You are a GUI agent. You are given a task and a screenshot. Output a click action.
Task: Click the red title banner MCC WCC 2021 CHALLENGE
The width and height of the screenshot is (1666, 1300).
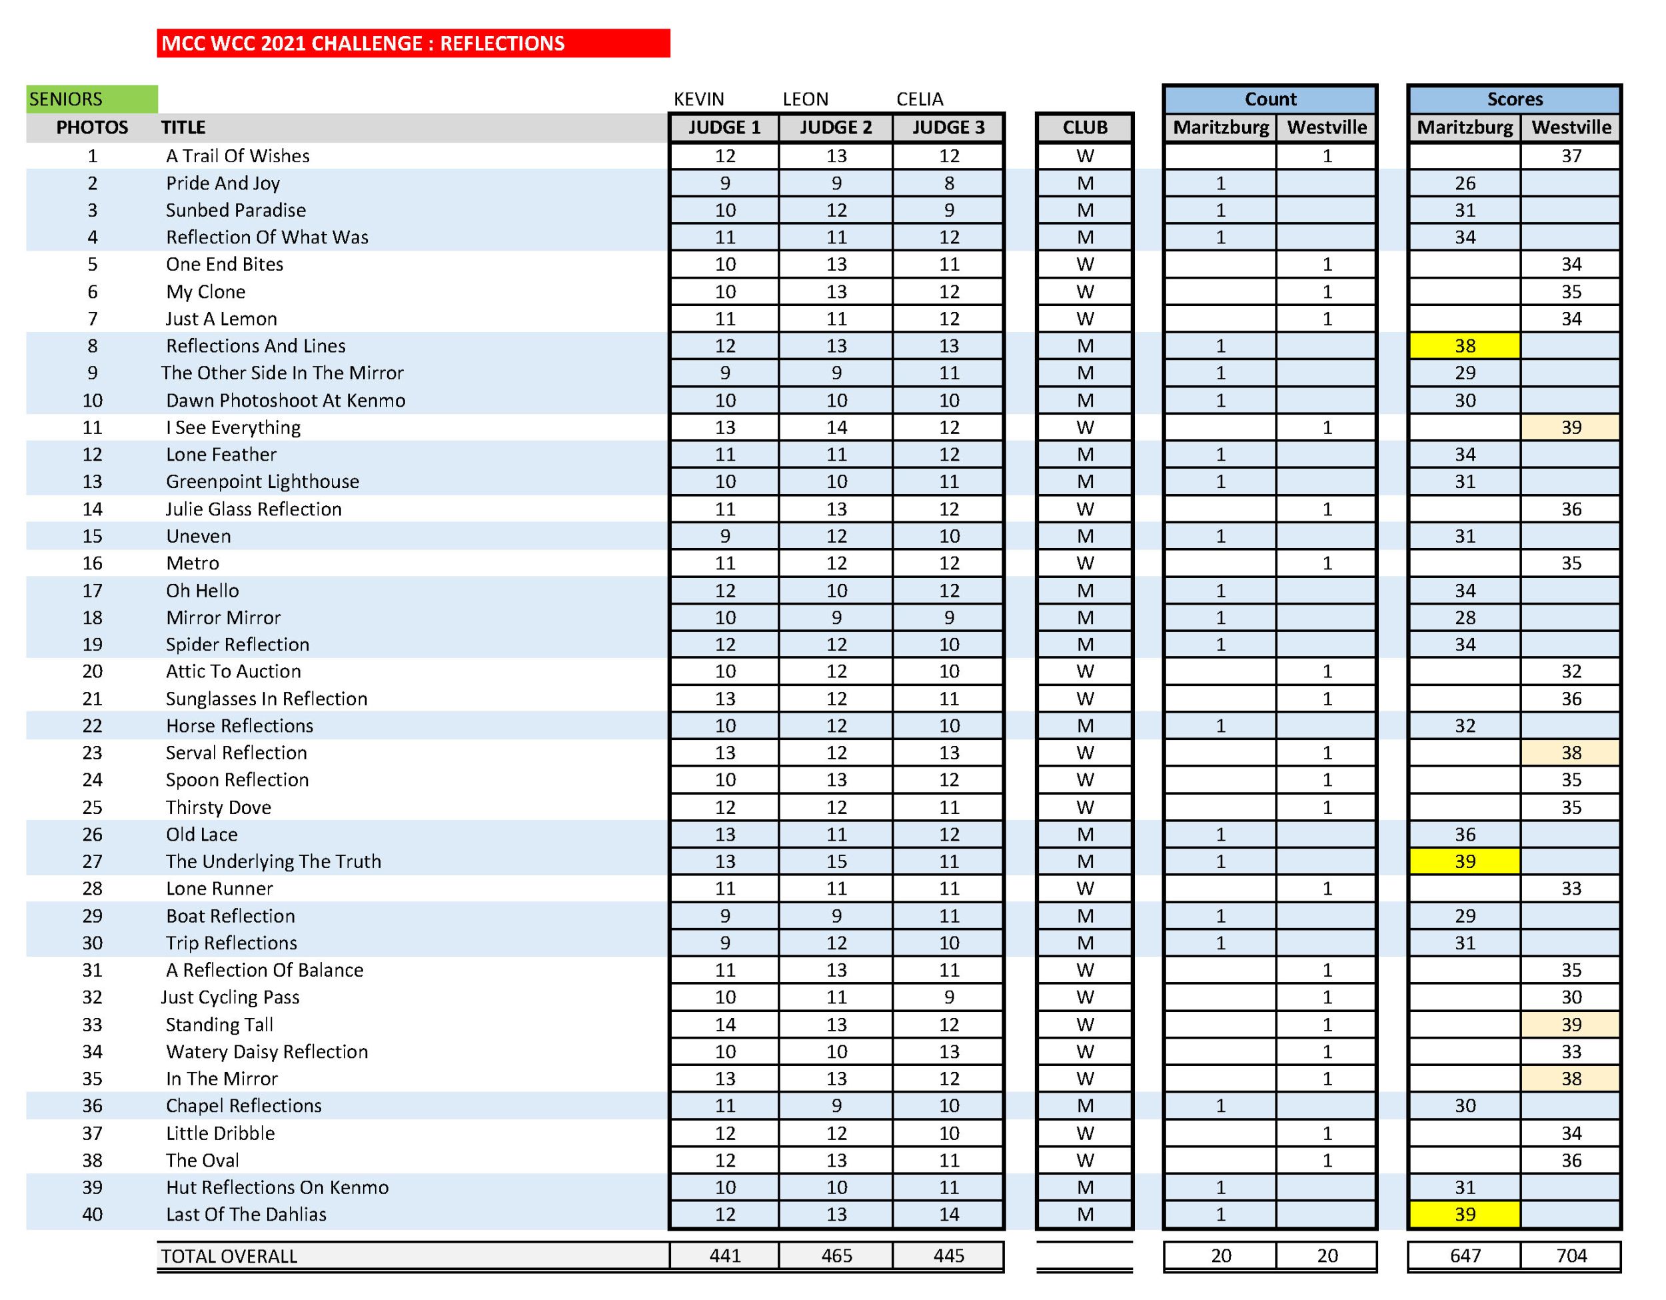point(413,43)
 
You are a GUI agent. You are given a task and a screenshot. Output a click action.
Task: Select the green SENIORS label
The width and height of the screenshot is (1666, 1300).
point(91,99)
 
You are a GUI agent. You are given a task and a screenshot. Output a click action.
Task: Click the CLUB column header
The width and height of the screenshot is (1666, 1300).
point(1084,127)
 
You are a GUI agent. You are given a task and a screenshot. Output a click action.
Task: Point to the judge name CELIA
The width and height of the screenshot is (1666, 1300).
point(919,99)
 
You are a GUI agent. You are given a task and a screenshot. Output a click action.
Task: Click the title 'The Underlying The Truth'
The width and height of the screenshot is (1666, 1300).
point(273,861)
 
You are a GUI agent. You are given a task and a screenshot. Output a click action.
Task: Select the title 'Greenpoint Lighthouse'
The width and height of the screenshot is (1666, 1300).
point(263,481)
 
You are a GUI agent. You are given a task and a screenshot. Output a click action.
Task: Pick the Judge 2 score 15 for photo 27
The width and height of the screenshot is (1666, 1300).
point(836,861)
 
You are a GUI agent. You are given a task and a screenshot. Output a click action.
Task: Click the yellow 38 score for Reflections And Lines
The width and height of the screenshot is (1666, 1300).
point(1464,345)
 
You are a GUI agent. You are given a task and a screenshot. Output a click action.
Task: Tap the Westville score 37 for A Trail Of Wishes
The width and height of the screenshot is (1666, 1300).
point(1571,155)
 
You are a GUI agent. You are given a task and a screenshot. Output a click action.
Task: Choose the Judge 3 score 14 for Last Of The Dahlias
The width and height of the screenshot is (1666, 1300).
point(948,1214)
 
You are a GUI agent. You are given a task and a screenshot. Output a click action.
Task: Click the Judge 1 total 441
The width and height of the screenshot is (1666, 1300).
point(724,1256)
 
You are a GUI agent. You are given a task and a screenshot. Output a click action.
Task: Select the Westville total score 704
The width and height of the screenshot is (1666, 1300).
point(1571,1256)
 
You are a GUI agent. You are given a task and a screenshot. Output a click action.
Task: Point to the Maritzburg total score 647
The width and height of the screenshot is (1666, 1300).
point(1464,1256)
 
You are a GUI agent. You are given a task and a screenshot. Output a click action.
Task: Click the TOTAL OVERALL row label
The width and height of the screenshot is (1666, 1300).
point(229,1256)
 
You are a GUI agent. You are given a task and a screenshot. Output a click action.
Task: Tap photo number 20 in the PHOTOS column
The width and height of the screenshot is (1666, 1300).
point(93,671)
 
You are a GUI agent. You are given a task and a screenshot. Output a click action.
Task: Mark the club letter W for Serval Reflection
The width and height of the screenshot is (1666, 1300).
point(1085,753)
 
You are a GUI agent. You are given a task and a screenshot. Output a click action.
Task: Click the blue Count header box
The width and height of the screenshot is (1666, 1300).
point(1269,99)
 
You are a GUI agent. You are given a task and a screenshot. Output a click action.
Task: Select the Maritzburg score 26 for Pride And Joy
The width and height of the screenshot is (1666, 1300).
point(1464,183)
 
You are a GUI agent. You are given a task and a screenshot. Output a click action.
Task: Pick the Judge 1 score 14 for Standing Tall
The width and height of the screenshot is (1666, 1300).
point(724,1025)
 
